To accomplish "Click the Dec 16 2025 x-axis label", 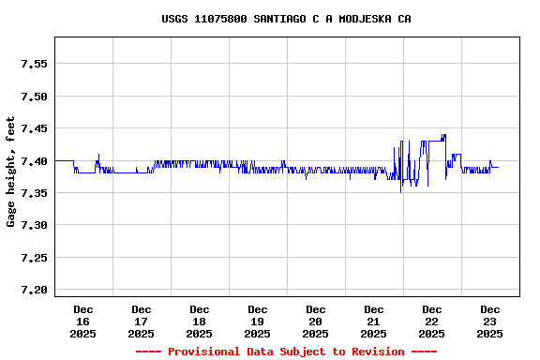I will [83, 321].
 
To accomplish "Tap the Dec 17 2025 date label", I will [142, 321].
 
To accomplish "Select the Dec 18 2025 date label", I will [200, 321].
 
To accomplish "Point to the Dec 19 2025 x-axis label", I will [258, 321].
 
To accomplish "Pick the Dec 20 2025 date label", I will [316, 321].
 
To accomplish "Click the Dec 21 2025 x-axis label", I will [374, 321].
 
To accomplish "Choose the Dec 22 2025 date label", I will [432, 321].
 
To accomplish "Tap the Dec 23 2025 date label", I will [490, 321].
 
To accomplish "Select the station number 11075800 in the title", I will [220, 19].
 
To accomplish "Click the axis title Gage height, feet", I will [11, 172].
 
